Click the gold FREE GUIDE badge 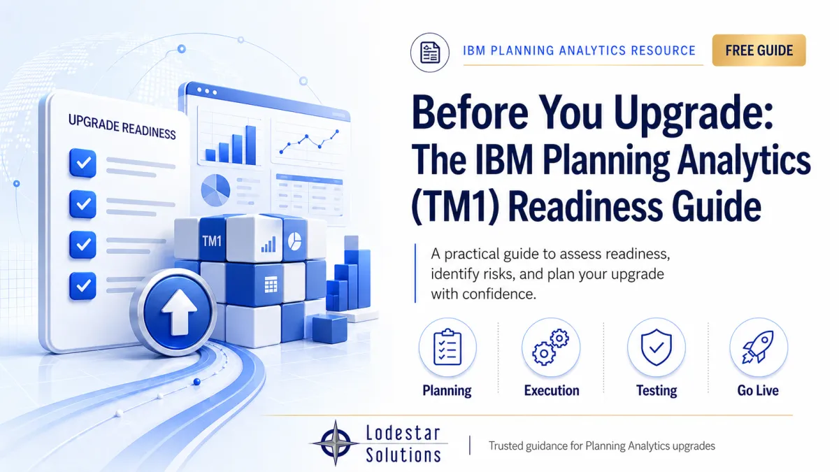click(759, 50)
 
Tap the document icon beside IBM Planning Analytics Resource click(429, 52)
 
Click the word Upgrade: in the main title click(694, 113)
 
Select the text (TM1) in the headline click(455, 206)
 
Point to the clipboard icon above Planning click(447, 347)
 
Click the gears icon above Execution click(551, 347)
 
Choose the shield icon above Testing click(657, 347)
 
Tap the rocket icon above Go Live click(759, 347)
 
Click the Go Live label click(758, 390)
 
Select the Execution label click(552, 390)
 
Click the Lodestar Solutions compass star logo click(335, 443)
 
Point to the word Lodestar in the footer click(403, 433)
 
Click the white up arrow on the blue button click(179, 312)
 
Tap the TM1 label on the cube click(212, 241)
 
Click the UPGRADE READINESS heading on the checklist click(122, 127)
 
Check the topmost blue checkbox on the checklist click(83, 163)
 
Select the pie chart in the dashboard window click(215, 190)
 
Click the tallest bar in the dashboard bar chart click(250, 145)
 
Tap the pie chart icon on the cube click(294, 241)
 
